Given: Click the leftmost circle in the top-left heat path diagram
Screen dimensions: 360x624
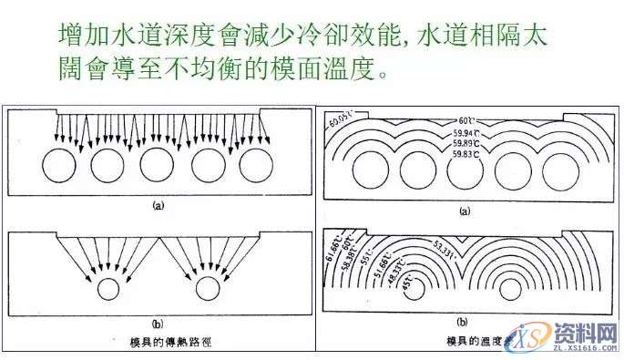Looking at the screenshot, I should [61, 167].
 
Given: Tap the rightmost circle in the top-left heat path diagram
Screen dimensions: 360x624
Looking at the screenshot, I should [256, 167].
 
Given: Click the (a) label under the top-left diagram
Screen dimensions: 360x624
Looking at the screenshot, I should [158, 207].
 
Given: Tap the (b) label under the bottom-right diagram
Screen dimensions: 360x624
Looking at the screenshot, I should [462, 322].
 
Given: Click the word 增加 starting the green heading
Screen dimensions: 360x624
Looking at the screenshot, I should [76, 36].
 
